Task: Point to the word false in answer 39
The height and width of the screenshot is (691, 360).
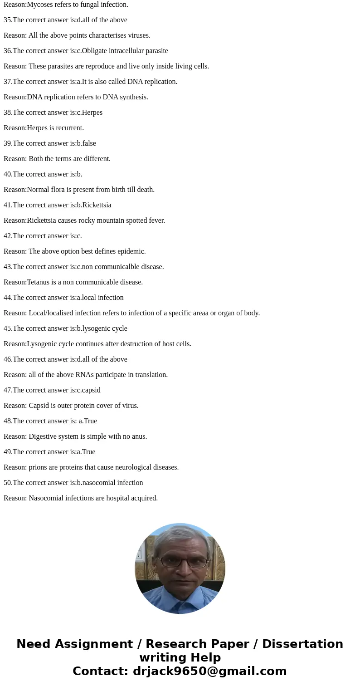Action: point(89,143)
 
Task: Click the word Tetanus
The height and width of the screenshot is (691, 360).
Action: point(39,282)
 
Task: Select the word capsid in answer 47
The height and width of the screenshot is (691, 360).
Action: point(91,390)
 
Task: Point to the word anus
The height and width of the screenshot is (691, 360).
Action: point(140,436)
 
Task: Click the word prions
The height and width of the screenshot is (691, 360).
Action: point(38,467)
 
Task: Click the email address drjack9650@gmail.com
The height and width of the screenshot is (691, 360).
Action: point(209,671)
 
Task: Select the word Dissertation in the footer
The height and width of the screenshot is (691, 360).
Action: point(302,644)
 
